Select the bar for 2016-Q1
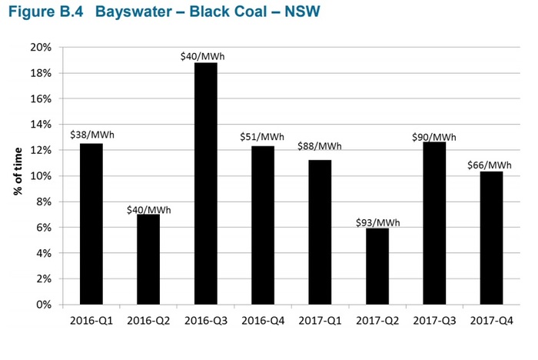91,224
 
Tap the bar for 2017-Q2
377,266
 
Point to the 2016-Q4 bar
263,225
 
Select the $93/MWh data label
377,222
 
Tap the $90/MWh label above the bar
434,136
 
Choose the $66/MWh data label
490,165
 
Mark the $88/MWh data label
320,146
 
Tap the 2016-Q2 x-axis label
148,319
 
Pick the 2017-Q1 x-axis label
320,319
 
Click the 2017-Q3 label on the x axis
434,319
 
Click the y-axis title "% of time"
16,175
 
